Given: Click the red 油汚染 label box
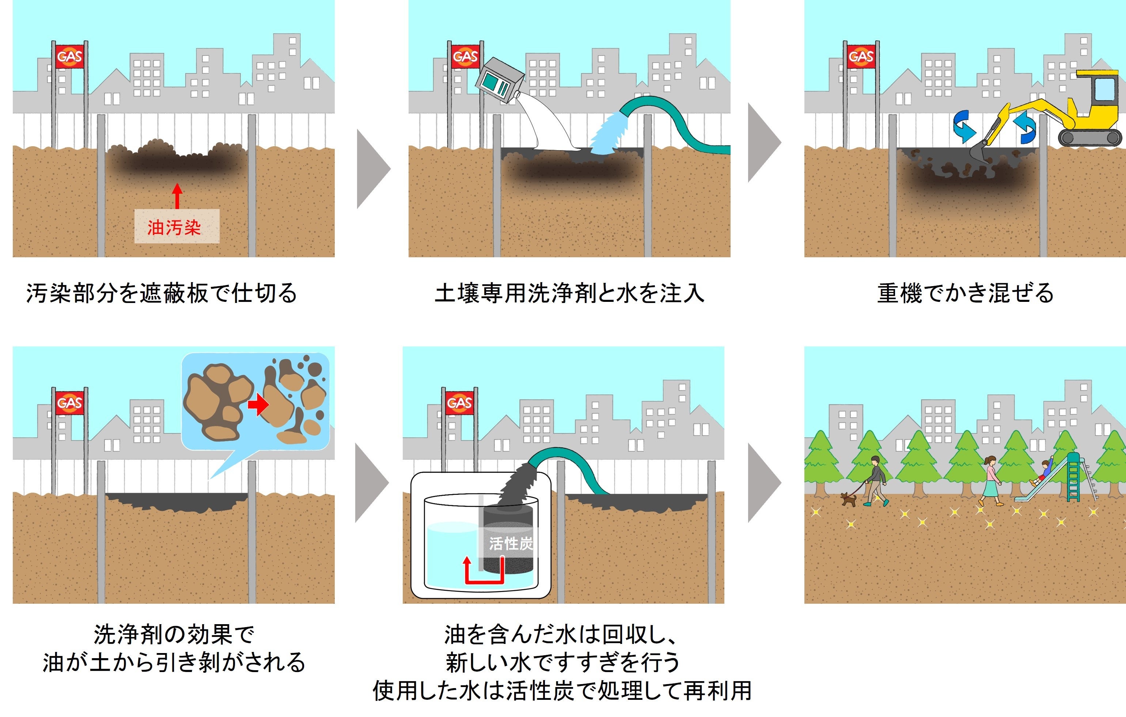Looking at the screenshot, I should point(177,226).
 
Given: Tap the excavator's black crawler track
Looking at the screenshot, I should point(1089,137).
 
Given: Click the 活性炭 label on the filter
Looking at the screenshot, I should point(511,543).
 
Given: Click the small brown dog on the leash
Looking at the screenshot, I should point(849,499).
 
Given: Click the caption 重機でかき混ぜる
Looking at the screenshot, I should point(965,293).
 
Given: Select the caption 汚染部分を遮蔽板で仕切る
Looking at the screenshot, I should point(161,293).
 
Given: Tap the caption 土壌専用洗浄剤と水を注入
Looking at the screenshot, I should point(569,293).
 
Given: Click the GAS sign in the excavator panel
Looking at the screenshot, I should point(861,57).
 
